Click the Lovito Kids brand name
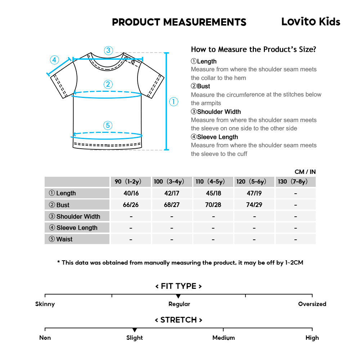[x=310, y=22]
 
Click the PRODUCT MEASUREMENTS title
[x=179, y=22]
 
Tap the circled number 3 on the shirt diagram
[x=109, y=50]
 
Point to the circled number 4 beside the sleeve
[x=54, y=60]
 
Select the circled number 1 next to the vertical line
[x=174, y=102]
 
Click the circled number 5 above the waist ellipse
[x=108, y=126]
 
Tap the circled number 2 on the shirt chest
[x=108, y=85]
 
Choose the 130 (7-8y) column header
[x=295, y=181]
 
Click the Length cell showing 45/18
[x=213, y=193]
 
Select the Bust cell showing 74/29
[x=254, y=205]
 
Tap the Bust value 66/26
[x=131, y=205]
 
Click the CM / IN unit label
[x=305, y=172]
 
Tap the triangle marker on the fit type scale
[x=179, y=296]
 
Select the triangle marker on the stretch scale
[x=135, y=330]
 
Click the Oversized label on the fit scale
[x=312, y=304]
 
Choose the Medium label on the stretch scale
[x=224, y=338]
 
